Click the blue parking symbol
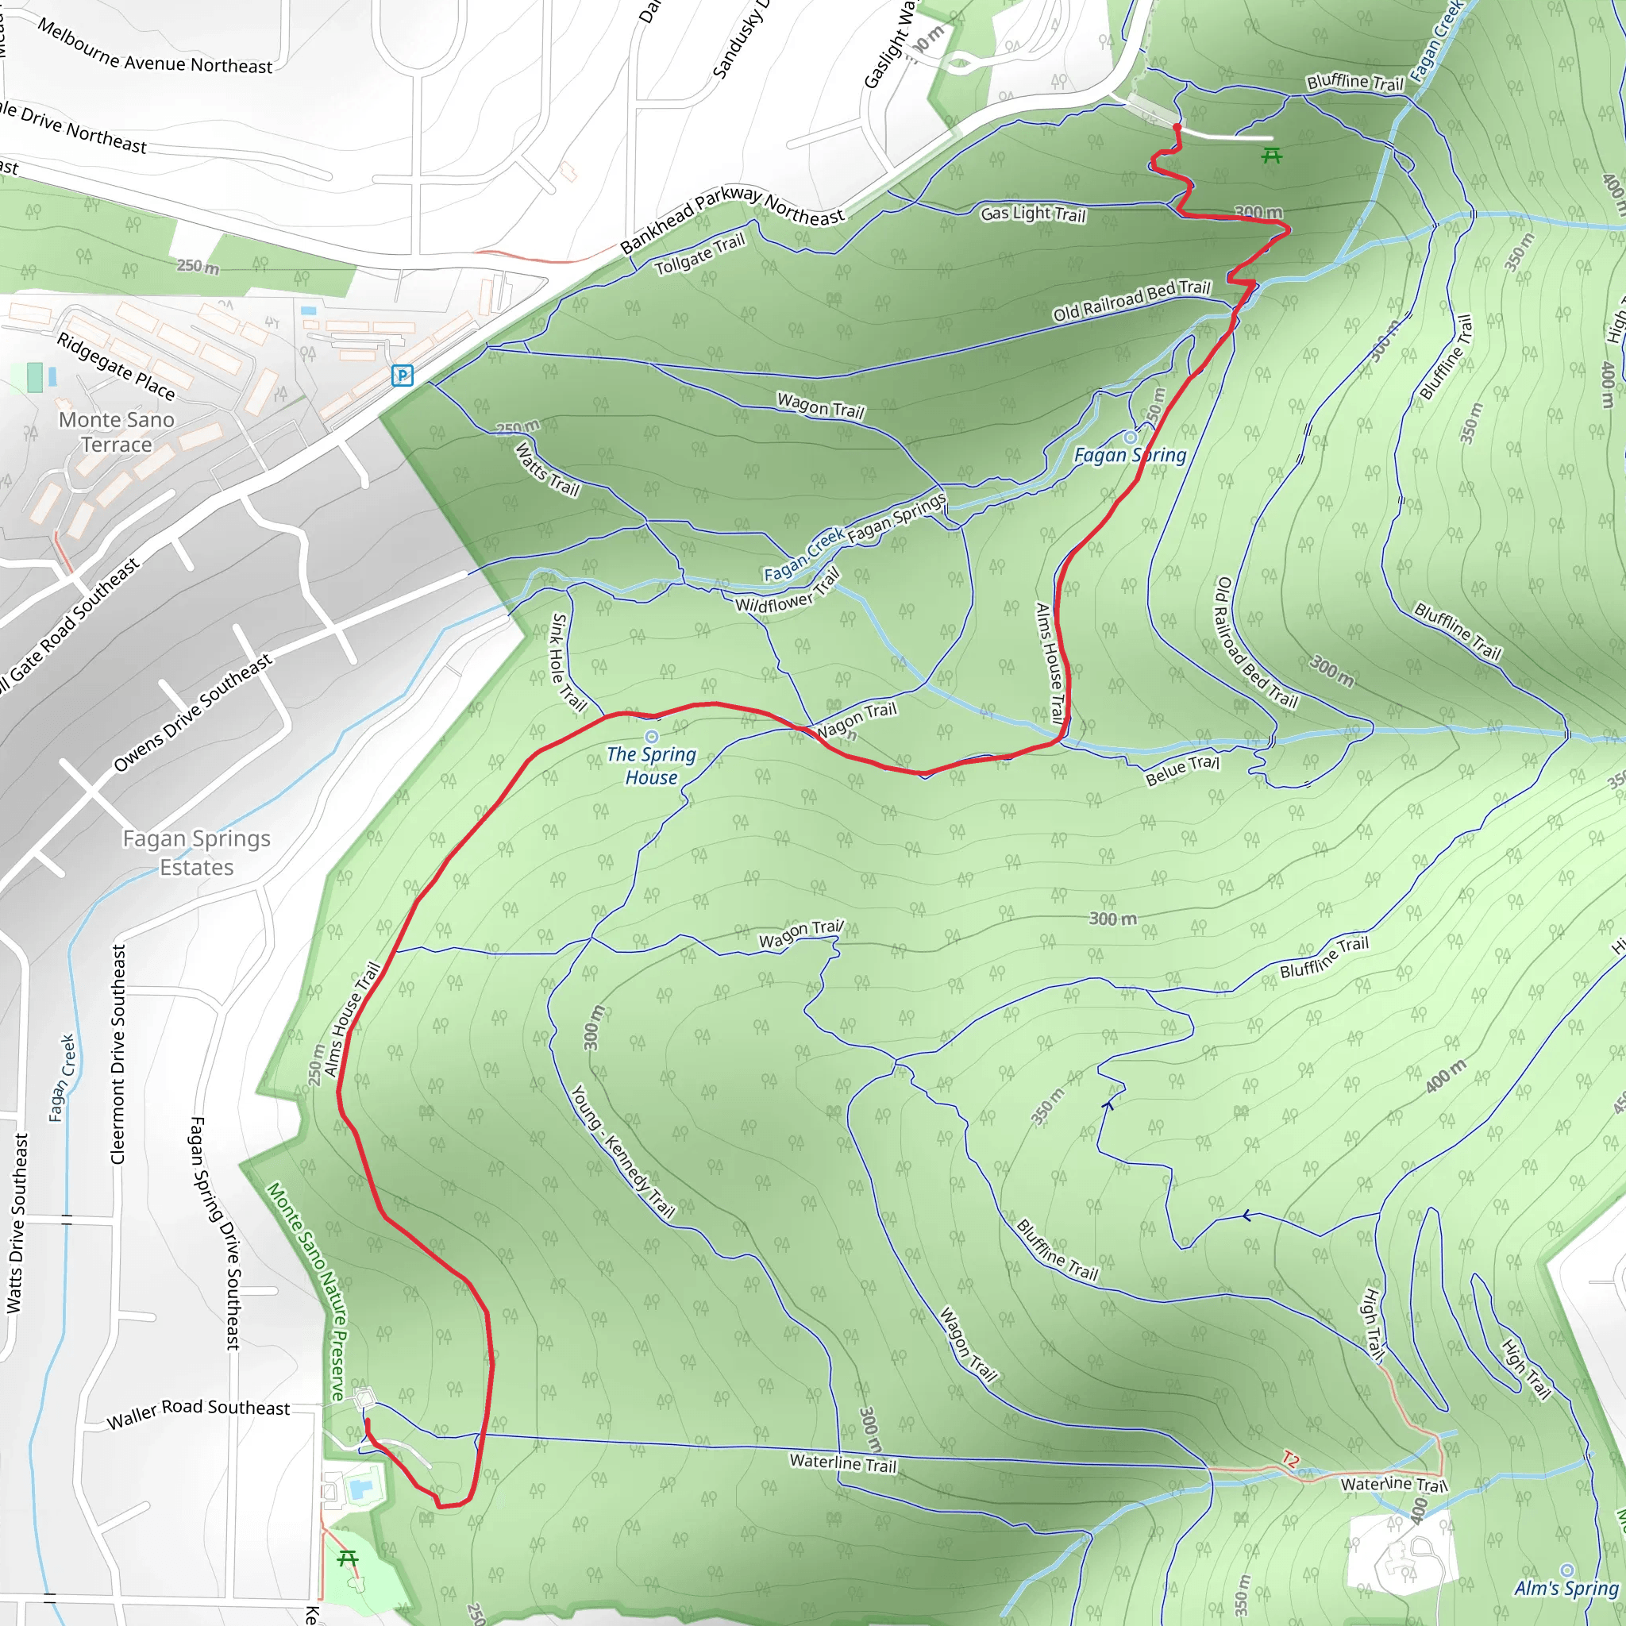403,376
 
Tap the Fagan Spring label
1130,455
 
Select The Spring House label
651,766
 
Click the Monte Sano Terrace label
117,432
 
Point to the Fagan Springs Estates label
197,853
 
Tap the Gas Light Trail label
1033,214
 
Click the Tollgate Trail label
700,253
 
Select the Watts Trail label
548,470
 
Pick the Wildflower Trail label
788,591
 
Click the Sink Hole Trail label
568,662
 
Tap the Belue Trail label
1181,770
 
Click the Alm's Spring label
1566,1588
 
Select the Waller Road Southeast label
198,1414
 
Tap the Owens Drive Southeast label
194,713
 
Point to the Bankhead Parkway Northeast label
731,214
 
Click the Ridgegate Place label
116,366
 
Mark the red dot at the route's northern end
1177,128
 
